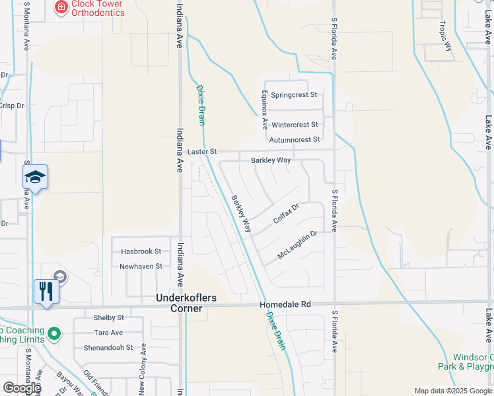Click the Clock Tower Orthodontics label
[x=98, y=8]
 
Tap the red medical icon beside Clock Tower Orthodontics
[x=61, y=7]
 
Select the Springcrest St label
[x=294, y=95]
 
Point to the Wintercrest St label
[x=295, y=125]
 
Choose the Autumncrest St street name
[x=294, y=140]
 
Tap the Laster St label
[x=202, y=152]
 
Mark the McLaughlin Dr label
[x=298, y=244]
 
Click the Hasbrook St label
[x=141, y=251]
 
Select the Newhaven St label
[x=141, y=267]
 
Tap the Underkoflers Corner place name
[x=186, y=298]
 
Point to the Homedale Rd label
[x=285, y=304]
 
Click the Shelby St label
[x=109, y=318]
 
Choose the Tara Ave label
[x=108, y=333]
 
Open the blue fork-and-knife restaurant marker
[x=46, y=291]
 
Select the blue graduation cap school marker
[x=36, y=177]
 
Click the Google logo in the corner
[x=22, y=388]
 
